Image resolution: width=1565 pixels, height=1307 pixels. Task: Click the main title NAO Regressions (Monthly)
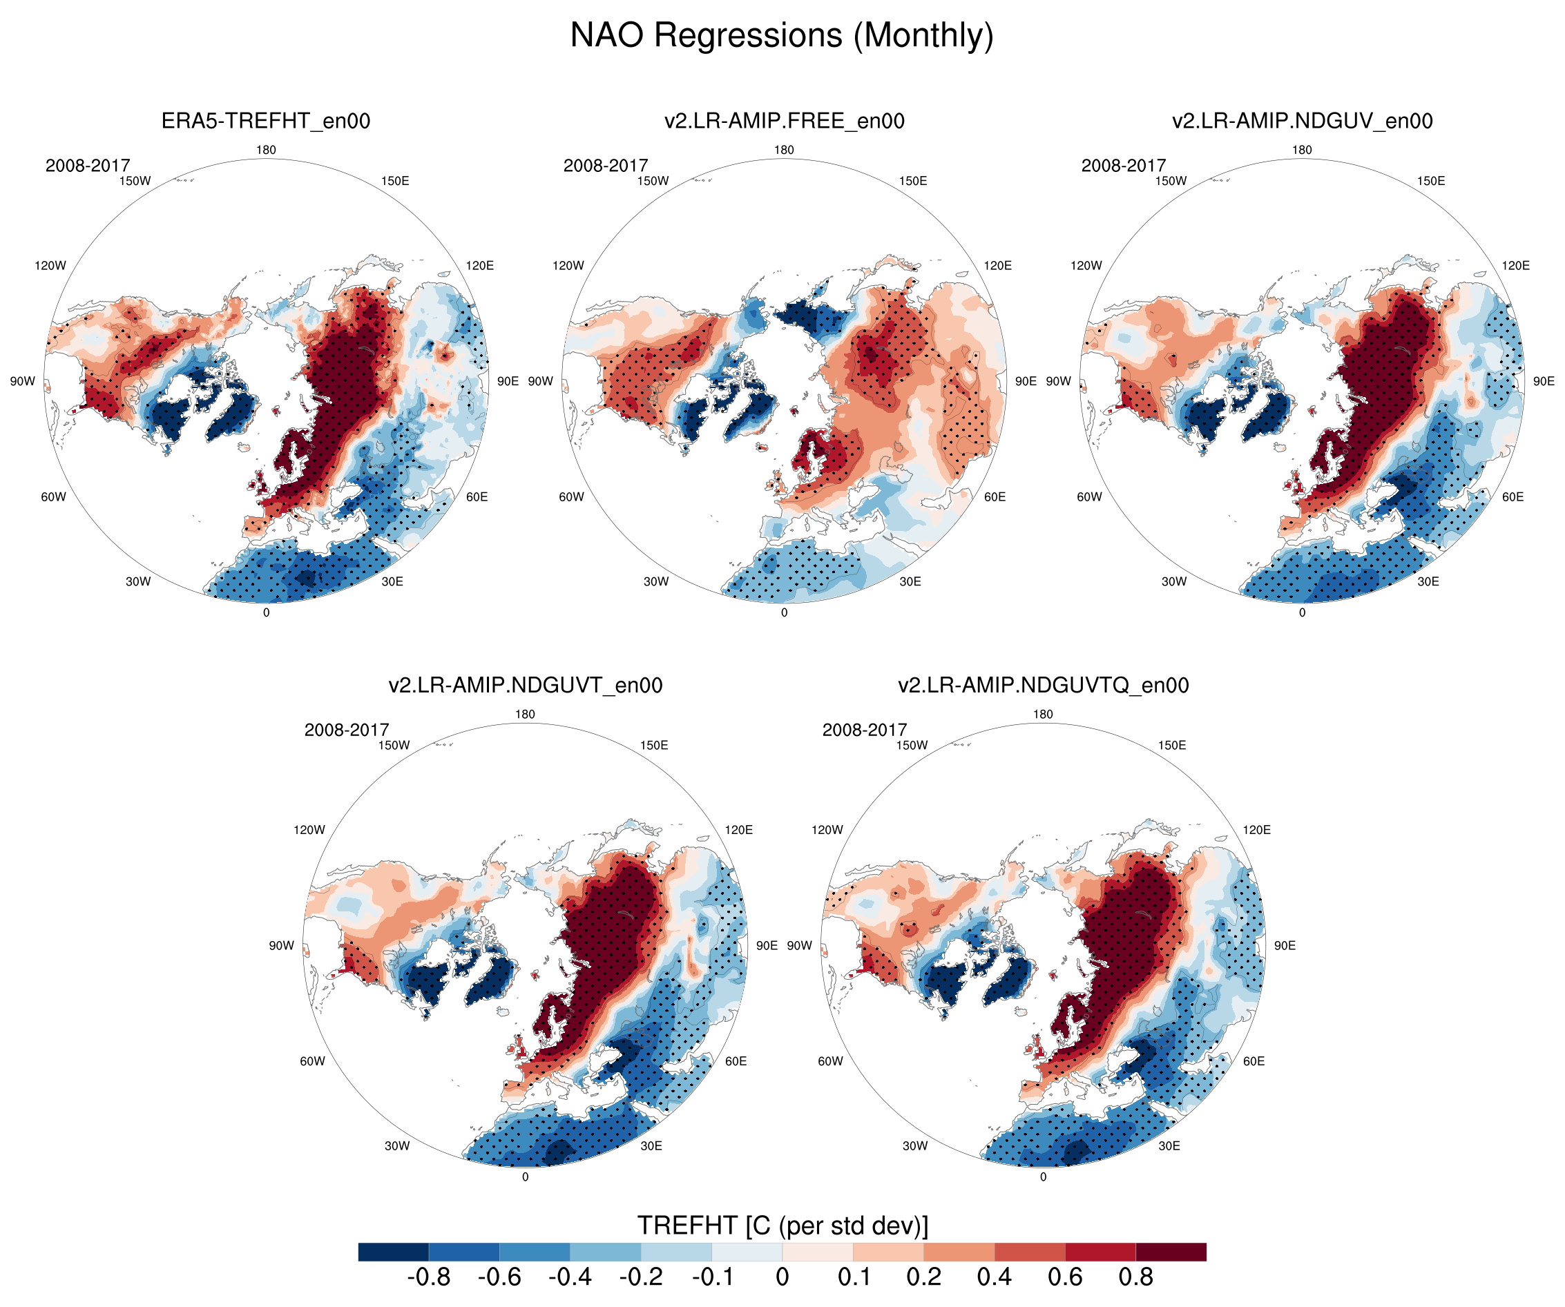[782, 36]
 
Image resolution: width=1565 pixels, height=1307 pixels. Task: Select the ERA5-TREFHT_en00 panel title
[266, 121]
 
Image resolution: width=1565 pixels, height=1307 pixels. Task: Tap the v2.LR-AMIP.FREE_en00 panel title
[784, 121]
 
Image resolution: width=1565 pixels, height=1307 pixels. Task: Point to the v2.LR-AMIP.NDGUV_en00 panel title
[1302, 121]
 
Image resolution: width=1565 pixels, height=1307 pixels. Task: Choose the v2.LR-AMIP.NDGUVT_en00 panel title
[526, 685]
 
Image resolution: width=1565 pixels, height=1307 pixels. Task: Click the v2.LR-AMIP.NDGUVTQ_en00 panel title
[1044, 685]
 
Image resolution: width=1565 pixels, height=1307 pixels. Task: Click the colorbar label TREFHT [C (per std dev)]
[782, 1226]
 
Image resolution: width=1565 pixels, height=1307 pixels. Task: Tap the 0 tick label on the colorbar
[782, 1277]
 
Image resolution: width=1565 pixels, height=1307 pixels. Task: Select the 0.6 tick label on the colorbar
[1065, 1277]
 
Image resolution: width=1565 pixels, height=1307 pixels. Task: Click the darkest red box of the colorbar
[1171, 1252]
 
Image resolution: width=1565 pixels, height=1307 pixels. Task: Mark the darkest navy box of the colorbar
[394, 1252]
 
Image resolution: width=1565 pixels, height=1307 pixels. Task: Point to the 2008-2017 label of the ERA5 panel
[88, 166]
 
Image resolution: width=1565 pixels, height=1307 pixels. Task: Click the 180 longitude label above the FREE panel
[784, 150]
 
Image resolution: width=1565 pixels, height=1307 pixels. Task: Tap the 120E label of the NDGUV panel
[1516, 265]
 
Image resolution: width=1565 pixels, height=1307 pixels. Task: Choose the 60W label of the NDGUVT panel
[312, 1061]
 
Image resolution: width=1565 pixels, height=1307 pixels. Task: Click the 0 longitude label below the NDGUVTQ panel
[1044, 1177]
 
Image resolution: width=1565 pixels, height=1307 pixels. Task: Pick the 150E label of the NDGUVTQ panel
[1172, 745]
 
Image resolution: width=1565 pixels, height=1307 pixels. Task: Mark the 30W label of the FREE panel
[656, 581]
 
